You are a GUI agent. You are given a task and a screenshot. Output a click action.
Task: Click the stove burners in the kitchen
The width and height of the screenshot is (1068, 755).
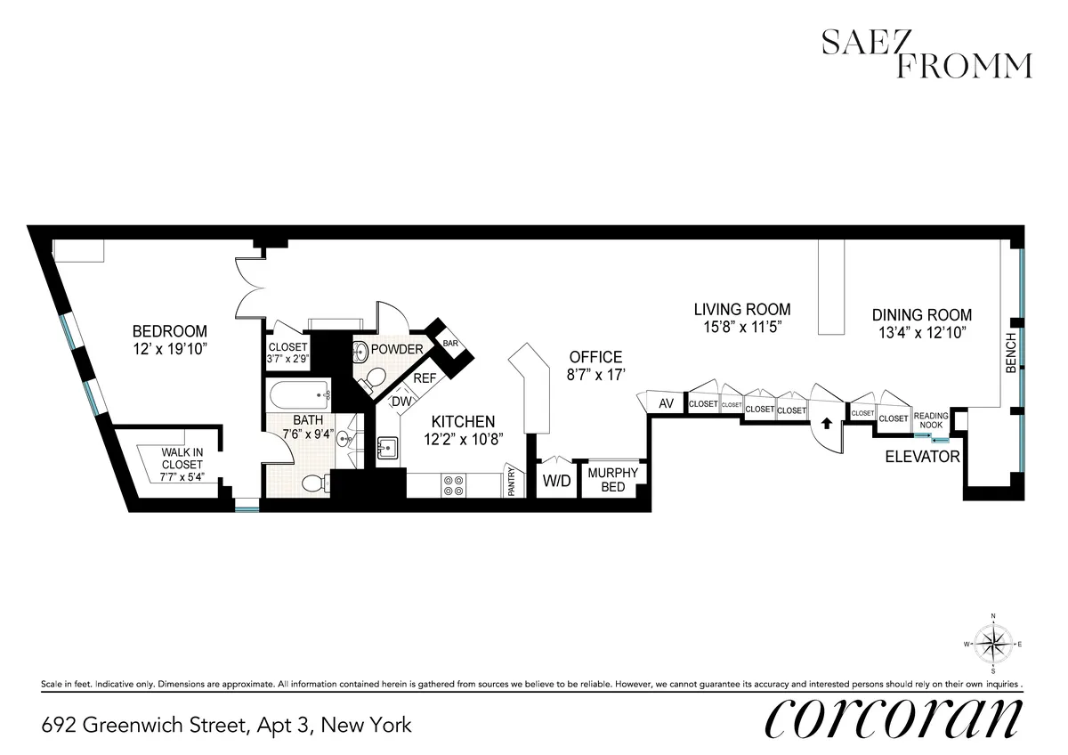click(x=453, y=484)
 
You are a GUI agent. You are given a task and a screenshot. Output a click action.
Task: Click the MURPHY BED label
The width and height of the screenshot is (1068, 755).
click(x=612, y=480)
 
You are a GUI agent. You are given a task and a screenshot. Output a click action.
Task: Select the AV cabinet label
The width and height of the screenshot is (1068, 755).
click(x=666, y=404)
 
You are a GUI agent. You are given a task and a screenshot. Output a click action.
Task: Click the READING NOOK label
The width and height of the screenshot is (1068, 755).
click(x=932, y=419)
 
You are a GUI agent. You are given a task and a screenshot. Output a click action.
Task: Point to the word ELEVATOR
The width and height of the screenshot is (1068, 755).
click(x=922, y=458)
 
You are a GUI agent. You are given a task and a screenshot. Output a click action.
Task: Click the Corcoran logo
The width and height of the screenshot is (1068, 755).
click(x=893, y=718)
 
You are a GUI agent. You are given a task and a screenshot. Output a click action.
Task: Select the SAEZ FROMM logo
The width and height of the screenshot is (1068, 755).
click(x=926, y=55)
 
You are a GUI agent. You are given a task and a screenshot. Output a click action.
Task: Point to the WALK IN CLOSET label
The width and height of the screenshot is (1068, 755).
click(x=182, y=464)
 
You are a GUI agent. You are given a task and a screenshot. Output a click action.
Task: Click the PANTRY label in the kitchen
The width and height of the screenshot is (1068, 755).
click(x=513, y=482)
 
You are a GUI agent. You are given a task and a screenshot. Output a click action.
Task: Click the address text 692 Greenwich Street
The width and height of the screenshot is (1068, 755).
click(x=226, y=725)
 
